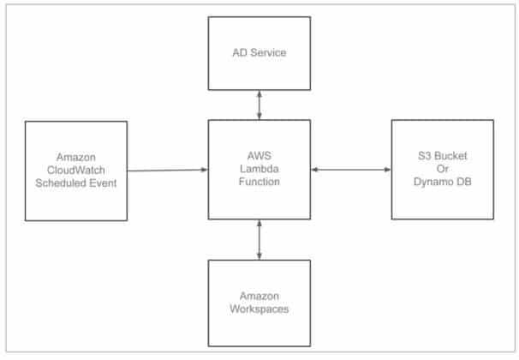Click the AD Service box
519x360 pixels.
(x=259, y=53)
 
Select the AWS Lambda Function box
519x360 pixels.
(x=259, y=170)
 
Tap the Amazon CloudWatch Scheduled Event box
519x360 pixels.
(x=75, y=170)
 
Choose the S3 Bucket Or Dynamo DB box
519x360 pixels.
(x=442, y=170)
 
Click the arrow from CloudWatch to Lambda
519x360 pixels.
(x=168, y=170)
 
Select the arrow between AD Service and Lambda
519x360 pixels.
(x=259, y=105)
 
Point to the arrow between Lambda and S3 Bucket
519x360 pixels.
(x=350, y=170)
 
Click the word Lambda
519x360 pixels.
(x=259, y=170)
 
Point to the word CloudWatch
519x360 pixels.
(x=76, y=170)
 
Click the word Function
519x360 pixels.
(x=259, y=182)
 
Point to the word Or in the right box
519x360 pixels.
(x=442, y=170)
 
